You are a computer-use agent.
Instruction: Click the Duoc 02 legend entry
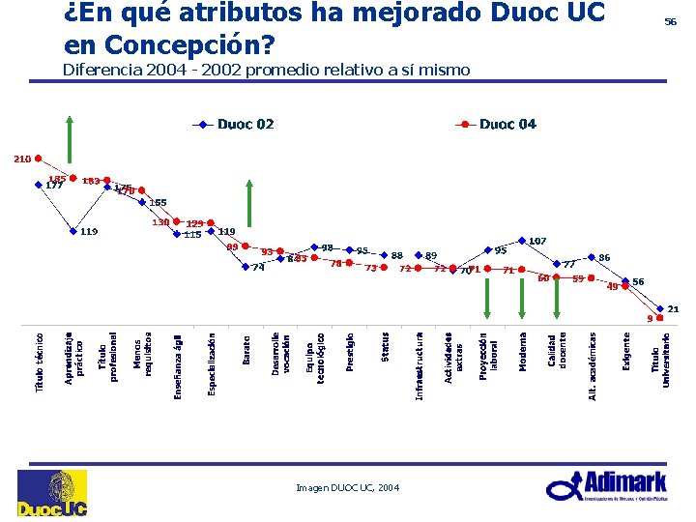click(234, 125)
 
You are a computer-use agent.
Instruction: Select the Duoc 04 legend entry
click(497, 125)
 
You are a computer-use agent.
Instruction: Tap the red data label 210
click(21, 159)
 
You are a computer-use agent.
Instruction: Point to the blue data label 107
click(537, 240)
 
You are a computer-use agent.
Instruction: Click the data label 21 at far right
click(673, 308)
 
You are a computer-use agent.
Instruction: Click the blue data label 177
click(54, 186)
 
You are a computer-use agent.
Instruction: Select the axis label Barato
click(246, 351)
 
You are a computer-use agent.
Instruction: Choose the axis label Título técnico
click(40, 362)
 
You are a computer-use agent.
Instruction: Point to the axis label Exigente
click(626, 354)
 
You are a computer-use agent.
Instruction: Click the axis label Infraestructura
click(420, 365)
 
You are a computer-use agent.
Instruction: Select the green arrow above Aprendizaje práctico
click(69, 145)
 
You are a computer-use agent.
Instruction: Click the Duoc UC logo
click(52, 493)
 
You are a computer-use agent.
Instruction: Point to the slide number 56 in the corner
click(669, 20)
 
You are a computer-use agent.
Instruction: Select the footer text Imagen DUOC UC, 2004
click(347, 488)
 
